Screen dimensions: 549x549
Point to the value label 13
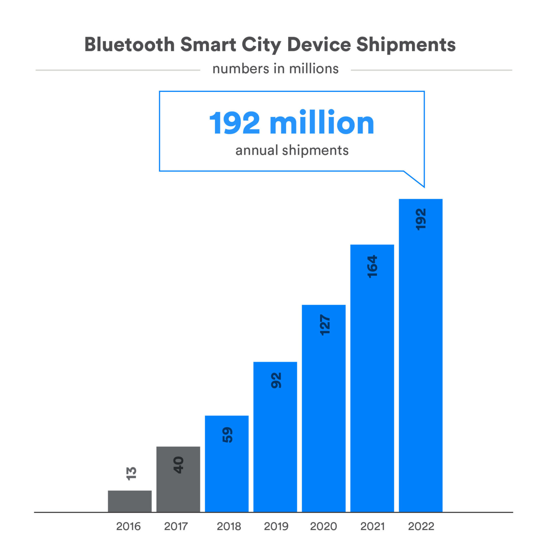[x=131, y=474]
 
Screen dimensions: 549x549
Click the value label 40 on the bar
[x=178, y=465]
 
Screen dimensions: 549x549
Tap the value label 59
[x=227, y=435]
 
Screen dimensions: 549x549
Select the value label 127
[x=325, y=325]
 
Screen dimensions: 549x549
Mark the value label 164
[x=372, y=267]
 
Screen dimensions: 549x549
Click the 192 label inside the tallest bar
[x=421, y=219]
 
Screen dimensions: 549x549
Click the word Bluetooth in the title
[x=129, y=45]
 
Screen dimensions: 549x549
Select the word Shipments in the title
[x=406, y=45]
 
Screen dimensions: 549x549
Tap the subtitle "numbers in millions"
[x=275, y=69]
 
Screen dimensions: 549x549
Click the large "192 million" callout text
[x=292, y=123]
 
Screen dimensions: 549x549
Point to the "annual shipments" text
[x=292, y=150]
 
